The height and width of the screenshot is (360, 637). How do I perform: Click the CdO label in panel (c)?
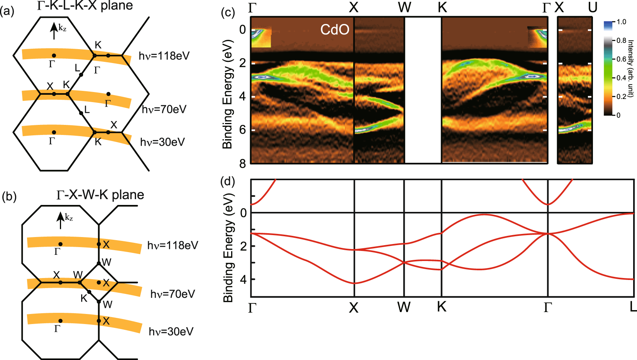point(335,30)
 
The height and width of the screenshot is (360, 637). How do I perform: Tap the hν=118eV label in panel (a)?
point(164,56)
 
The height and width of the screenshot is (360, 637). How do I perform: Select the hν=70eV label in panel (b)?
point(173,294)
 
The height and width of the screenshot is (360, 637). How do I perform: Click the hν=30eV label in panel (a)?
point(163,142)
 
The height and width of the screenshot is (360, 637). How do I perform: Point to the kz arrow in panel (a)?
point(54,31)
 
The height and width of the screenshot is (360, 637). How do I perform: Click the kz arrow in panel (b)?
point(60,220)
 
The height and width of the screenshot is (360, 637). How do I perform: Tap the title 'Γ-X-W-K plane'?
point(100,195)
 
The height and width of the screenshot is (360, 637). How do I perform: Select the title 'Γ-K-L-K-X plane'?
point(85,5)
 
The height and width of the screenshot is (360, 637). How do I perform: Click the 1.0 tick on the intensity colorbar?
point(621,22)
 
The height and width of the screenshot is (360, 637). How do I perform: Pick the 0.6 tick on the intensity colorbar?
point(621,59)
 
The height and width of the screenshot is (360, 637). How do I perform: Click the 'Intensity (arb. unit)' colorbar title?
point(630,68)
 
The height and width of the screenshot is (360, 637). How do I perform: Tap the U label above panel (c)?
point(592,7)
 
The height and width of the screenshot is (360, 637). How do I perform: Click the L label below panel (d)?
point(633,307)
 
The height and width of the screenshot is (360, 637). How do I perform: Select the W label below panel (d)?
point(404,307)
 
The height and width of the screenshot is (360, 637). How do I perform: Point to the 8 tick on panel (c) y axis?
point(242,164)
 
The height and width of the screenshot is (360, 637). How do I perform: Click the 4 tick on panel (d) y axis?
point(243,279)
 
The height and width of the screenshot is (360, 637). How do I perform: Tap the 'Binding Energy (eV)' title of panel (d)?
point(228,248)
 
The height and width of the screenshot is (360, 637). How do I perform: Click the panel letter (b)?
point(9,197)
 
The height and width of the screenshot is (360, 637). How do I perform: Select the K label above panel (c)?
point(442,7)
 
